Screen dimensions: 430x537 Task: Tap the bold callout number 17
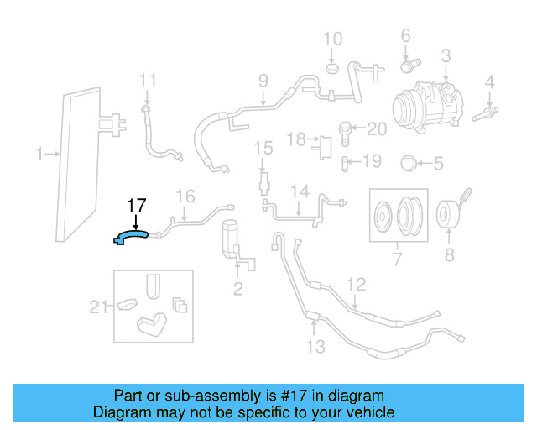coord(137,205)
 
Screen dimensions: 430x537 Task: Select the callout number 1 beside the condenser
coord(39,154)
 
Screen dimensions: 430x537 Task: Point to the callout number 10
coord(333,39)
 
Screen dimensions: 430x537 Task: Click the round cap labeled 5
coord(409,162)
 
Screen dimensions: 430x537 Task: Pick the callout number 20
coord(377,128)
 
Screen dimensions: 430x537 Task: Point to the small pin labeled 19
coord(345,161)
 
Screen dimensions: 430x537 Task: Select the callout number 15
coord(263,149)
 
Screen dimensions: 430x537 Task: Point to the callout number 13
coord(315,346)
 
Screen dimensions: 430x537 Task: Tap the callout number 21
coord(99,307)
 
